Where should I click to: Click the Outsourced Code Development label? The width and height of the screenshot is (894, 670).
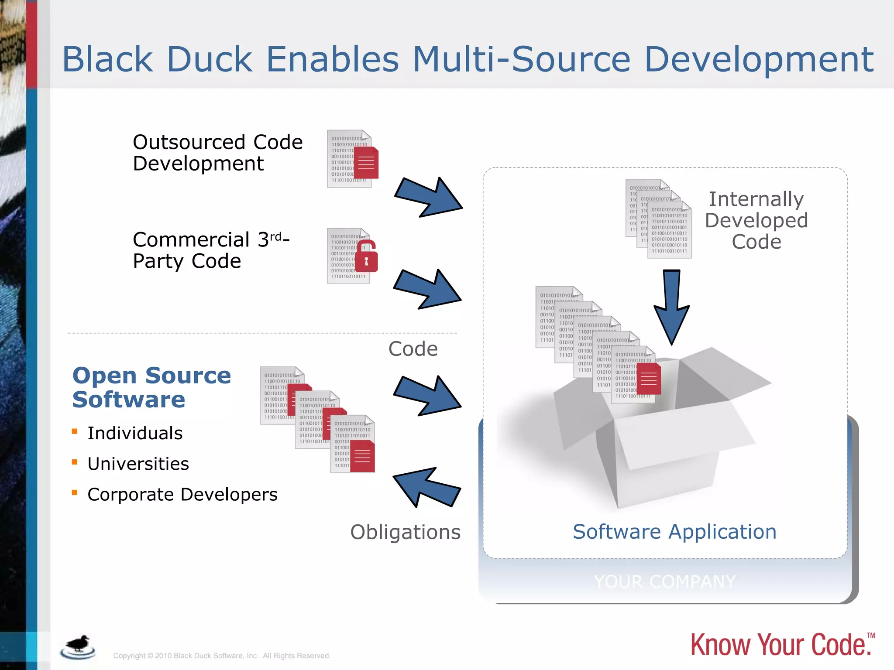coord(217,153)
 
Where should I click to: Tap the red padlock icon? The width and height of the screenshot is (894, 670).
coord(366,257)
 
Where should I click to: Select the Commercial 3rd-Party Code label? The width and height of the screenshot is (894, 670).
coord(211,250)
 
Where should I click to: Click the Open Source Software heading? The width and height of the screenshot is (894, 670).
coord(151,387)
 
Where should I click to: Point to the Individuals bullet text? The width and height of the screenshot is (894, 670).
coord(135,433)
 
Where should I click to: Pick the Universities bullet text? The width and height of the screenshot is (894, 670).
coord(138,464)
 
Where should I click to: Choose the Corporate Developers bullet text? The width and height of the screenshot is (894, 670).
coord(182,495)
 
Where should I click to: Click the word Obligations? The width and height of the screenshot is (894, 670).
coord(405,532)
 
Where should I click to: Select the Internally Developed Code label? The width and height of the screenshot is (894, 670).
coord(756,220)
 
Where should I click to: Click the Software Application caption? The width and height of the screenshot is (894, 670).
coord(674,532)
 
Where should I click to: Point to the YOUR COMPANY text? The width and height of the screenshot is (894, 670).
coord(664,581)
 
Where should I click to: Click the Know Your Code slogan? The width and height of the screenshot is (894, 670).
coord(781,645)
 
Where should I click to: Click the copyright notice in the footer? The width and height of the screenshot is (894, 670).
coord(222,656)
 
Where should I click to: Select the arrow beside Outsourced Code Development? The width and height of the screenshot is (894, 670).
coord(428,197)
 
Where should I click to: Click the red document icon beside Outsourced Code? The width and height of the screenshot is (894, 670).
coord(366,163)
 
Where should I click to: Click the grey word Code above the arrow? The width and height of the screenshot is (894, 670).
coord(413,349)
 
